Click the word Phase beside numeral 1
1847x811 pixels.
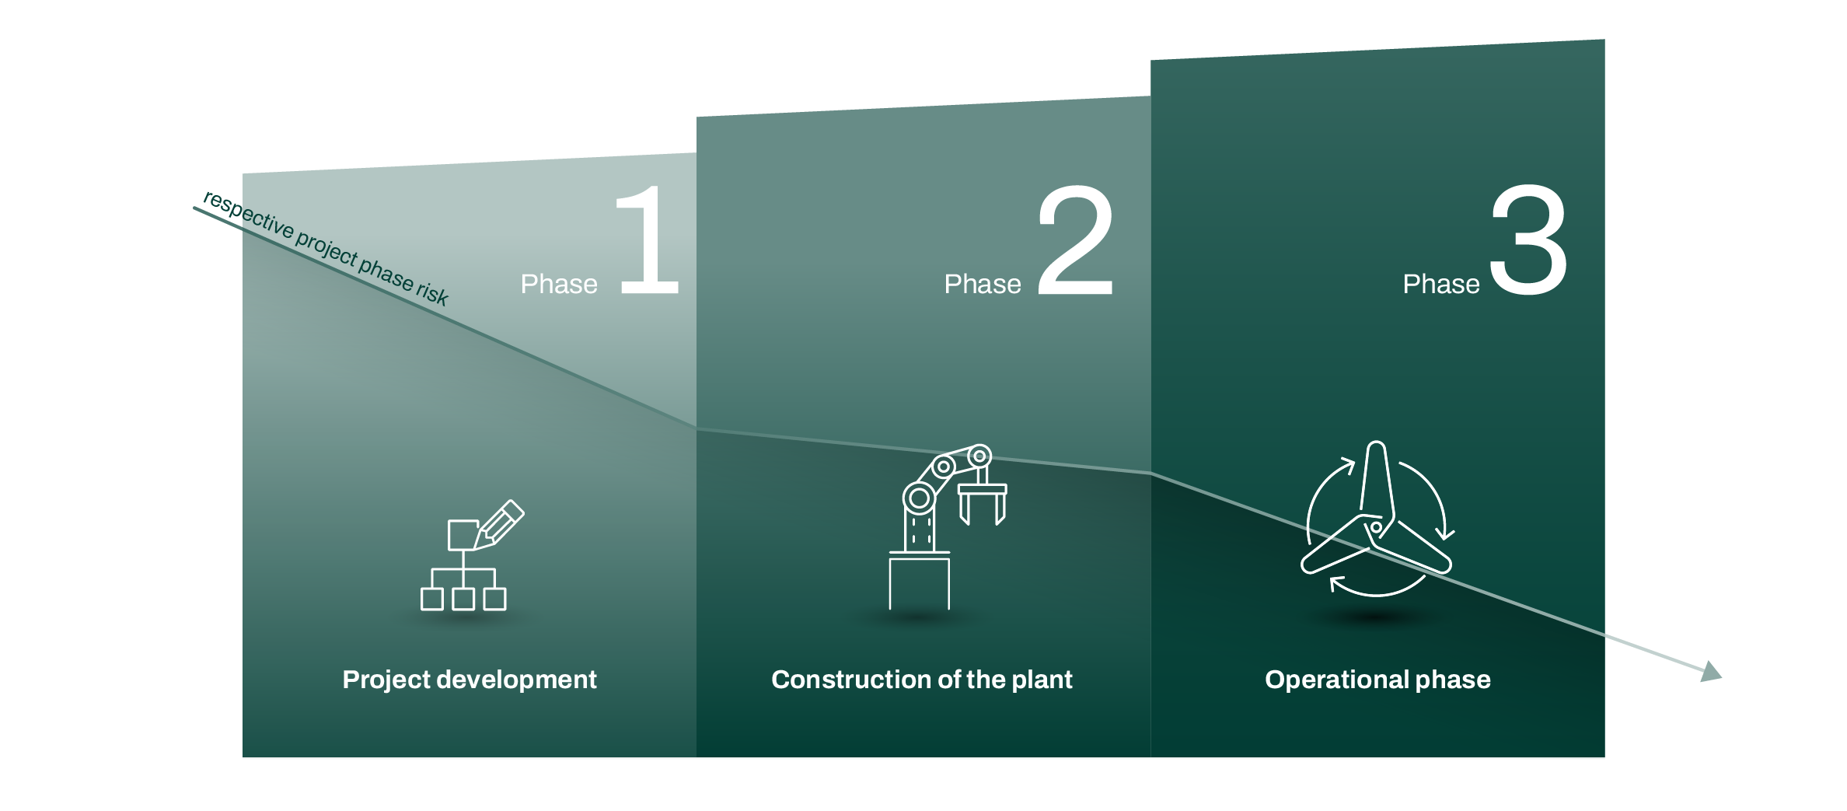[559, 285]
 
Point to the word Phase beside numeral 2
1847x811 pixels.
[983, 285]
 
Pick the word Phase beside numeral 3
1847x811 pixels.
[1441, 285]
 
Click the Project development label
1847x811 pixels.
[470, 680]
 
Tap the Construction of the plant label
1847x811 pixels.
[921, 680]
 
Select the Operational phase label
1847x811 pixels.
[1377, 680]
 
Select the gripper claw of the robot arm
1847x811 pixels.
[982, 502]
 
